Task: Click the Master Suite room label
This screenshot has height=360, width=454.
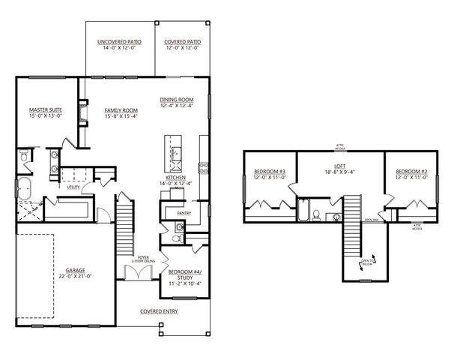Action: pyautogui.click(x=45, y=110)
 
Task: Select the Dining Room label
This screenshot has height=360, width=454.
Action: pyautogui.click(x=177, y=99)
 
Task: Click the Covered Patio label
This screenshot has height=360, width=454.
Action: pyautogui.click(x=182, y=43)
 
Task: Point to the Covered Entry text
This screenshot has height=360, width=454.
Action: pyautogui.click(x=157, y=310)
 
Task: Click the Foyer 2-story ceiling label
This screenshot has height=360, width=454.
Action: pyautogui.click(x=142, y=259)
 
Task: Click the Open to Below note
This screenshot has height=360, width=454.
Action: pyautogui.click(x=366, y=262)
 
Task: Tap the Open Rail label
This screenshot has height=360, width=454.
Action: pyautogui.click(x=371, y=220)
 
